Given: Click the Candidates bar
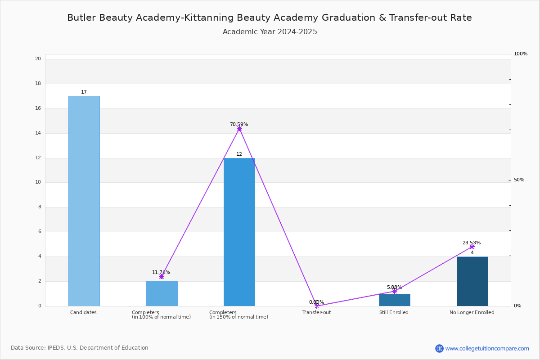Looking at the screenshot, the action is [84, 201].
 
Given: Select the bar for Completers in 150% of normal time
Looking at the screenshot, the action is [239, 232].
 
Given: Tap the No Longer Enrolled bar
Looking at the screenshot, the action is [472, 281].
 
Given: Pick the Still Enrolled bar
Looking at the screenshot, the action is [395, 300].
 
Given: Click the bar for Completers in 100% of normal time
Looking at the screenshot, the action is [162, 294].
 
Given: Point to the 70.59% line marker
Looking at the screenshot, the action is [239, 129].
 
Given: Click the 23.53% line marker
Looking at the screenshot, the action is [472, 247].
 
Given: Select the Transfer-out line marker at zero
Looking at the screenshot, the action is [317, 306].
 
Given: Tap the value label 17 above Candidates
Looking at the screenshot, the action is [84, 92].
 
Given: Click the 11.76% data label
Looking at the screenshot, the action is [161, 272].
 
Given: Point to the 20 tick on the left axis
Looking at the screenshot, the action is [38, 58].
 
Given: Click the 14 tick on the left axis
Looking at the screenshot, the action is [38, 133].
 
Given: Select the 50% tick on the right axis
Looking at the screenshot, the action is [519, 180].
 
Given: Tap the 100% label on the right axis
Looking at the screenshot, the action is [521, 54].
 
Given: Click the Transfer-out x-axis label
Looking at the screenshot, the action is [316, 312].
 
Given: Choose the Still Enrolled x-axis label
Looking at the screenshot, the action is [394, 312].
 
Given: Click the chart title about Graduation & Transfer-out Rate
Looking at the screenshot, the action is [270, 18].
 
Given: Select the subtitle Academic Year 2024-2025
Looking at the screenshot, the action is [270, 31].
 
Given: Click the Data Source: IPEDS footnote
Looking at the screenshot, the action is [80, 348].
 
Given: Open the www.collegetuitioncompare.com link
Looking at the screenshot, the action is [487, 348].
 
